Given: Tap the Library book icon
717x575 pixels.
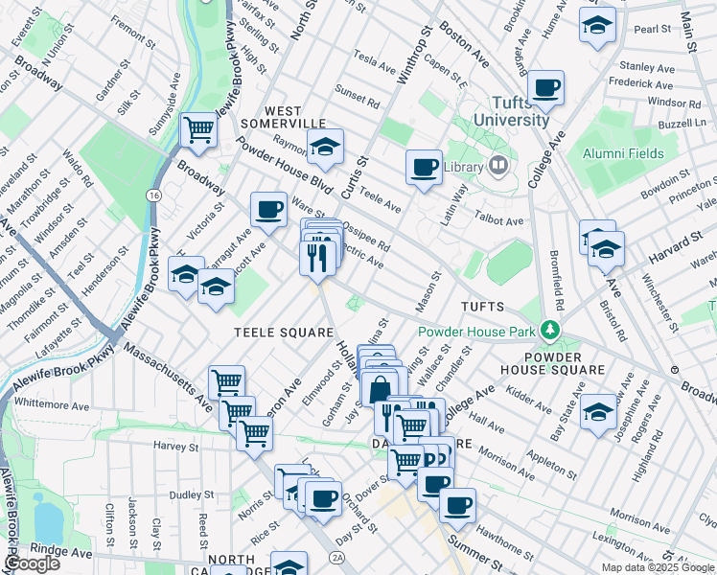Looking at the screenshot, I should coord(497,167).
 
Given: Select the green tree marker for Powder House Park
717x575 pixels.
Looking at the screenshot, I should coord(549,332).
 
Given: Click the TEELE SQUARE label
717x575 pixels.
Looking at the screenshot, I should coord(269,332).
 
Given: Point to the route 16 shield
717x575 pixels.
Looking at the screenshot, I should coord(153,195).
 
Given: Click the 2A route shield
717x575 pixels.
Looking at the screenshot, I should coord(336,557).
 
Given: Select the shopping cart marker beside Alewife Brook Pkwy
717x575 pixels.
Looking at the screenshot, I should coord(198,128).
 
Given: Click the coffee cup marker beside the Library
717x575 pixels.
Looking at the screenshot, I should coord(424,167).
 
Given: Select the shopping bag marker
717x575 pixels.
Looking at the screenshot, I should coord(380,389).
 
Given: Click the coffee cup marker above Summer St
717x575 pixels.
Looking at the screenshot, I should coord(457,503).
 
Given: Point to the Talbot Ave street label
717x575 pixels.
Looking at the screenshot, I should coord(501,220).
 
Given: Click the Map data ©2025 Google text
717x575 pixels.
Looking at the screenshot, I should coord(659,567).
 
